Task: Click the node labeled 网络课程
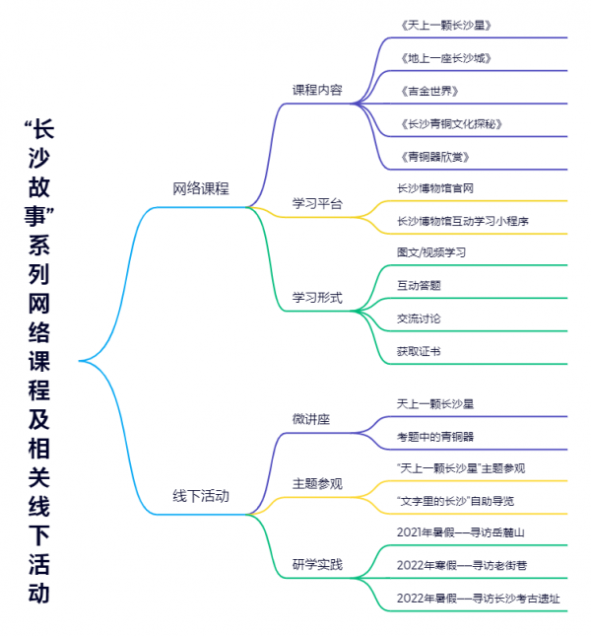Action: click(x=201, y=188)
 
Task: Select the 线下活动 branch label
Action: click(x=201, y=496)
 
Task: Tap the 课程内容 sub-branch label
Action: click(x=317, y=90)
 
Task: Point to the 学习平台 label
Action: click(x=317, y=204)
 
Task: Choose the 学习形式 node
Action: click(x=317, y=297)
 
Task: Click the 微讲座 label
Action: click(x=311, y=419)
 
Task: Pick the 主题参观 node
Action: click(x=317, y=483)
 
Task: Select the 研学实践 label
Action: click(x=317, y=565)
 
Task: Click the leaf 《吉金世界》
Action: click(x=430, y=92)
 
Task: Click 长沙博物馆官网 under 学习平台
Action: click(x=435, y=187)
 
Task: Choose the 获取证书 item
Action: click(x=419, y=351)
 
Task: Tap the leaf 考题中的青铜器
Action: click(x=435, y=435)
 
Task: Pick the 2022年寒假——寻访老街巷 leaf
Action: click(x=461, y=565)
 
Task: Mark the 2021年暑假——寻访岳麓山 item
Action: click(x=461, y=532)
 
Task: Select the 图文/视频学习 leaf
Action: click(x=430, y=251)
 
